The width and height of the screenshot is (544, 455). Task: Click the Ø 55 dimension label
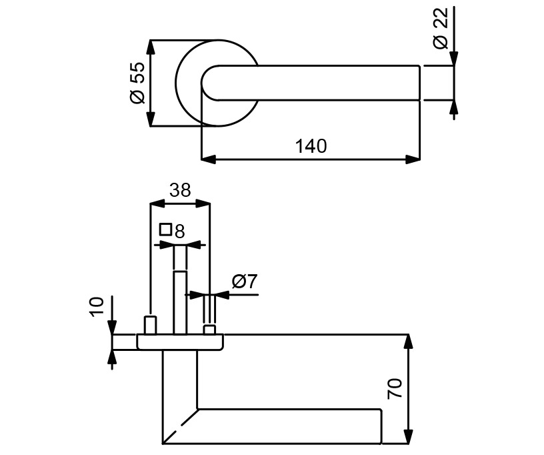(137, 83)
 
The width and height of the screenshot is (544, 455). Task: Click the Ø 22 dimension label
(440, 31)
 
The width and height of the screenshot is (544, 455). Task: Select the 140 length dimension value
(311, 146)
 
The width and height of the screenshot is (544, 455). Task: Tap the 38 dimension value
(179, 190)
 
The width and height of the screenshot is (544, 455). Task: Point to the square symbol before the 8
(166, 230)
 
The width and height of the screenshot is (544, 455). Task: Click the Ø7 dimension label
(244, 282)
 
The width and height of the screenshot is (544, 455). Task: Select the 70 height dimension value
(395, 388)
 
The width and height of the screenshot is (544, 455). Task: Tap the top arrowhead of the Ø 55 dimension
(151, 47)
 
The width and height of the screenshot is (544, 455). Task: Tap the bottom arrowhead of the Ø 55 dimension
(151, 119)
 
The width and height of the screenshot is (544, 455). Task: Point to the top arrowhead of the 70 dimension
(409, 341)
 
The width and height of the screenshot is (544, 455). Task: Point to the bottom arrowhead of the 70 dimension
(409, 436)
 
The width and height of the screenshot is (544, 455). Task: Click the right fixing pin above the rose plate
(209, 330)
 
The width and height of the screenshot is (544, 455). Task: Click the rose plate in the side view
(180, 342)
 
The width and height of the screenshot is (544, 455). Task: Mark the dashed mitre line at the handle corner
(180, 425)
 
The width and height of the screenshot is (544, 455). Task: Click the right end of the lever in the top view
(418, 83)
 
